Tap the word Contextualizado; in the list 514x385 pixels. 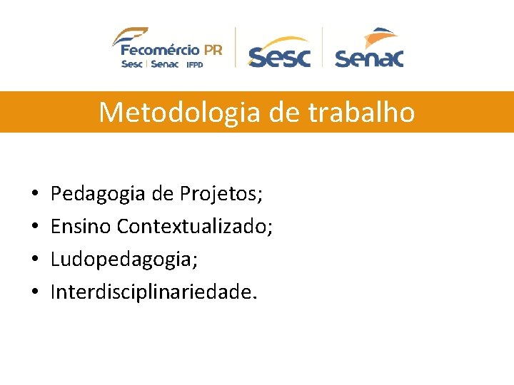click(x=195, y=227)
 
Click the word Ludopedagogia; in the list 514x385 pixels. click(x=124, y=260)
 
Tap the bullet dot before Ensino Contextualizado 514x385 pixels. click(x=34, y=227)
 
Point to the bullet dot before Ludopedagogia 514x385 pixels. click(x=34, y=260)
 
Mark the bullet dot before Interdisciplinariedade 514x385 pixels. click(x=34, y=293)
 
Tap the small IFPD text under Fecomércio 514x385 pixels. click(x=196, y=64)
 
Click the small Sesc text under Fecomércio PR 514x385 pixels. click(x=131, y=63)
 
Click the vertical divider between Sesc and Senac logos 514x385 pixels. click(x=323, y=47)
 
